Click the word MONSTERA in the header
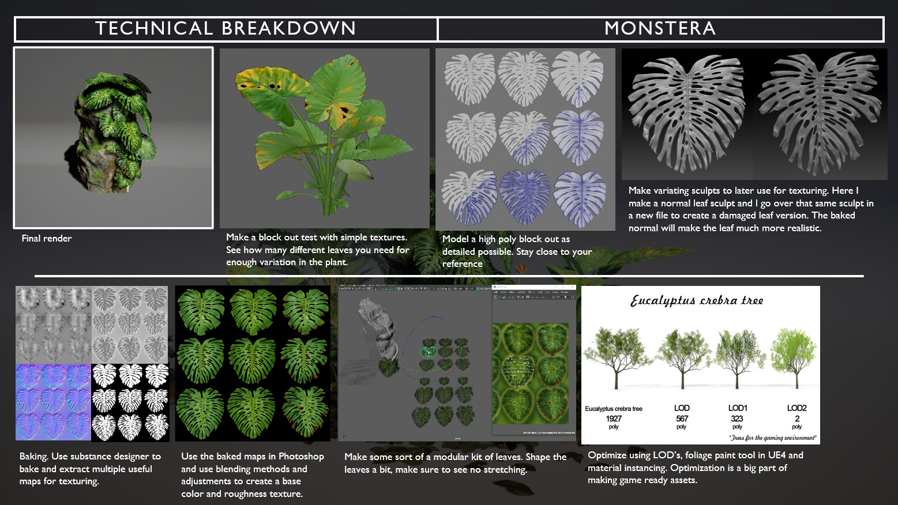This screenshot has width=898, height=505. tap(660, 28)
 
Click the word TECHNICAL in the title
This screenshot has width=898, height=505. tap(154, 28)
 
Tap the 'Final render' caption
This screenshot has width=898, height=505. tap(47, 238)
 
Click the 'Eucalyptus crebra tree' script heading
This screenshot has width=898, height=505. tap(697, 300)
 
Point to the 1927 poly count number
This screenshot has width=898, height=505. tap(614, 419)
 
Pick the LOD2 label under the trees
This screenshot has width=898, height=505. tap(796, 408)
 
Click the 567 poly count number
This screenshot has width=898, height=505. tap(682, 419)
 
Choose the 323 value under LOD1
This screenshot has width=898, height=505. tap(737, 419)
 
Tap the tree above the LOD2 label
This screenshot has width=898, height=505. tap(795, 355)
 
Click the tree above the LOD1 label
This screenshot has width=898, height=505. tap(737, 355)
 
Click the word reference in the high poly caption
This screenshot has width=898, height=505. tap(462, 263)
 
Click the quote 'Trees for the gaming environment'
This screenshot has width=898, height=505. tap(773, 438)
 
